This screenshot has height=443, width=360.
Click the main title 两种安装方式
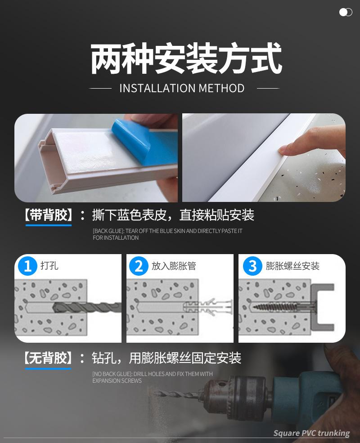click(x=186, y=59)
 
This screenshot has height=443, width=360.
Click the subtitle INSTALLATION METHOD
click(x=182, y=88)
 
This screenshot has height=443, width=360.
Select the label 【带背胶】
click(x=48, y=215)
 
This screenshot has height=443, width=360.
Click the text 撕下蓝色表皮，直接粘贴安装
click(x=173, y=215)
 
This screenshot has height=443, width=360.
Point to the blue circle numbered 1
click(x=27, y=266)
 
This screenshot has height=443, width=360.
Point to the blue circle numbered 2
click(x=139, y=266)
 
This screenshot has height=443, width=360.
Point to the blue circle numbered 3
click(x=252, y=266)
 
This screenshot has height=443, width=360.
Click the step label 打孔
click(x=49, y=266)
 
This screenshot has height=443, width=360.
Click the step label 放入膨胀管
click(x=174, y=266)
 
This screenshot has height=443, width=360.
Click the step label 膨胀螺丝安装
click(x=292, y=266)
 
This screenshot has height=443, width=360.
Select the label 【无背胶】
click(x=48, y=358)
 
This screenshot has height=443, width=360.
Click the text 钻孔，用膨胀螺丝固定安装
click(x=166, y=358)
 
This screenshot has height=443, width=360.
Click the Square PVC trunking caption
click(x=311, y=433)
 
